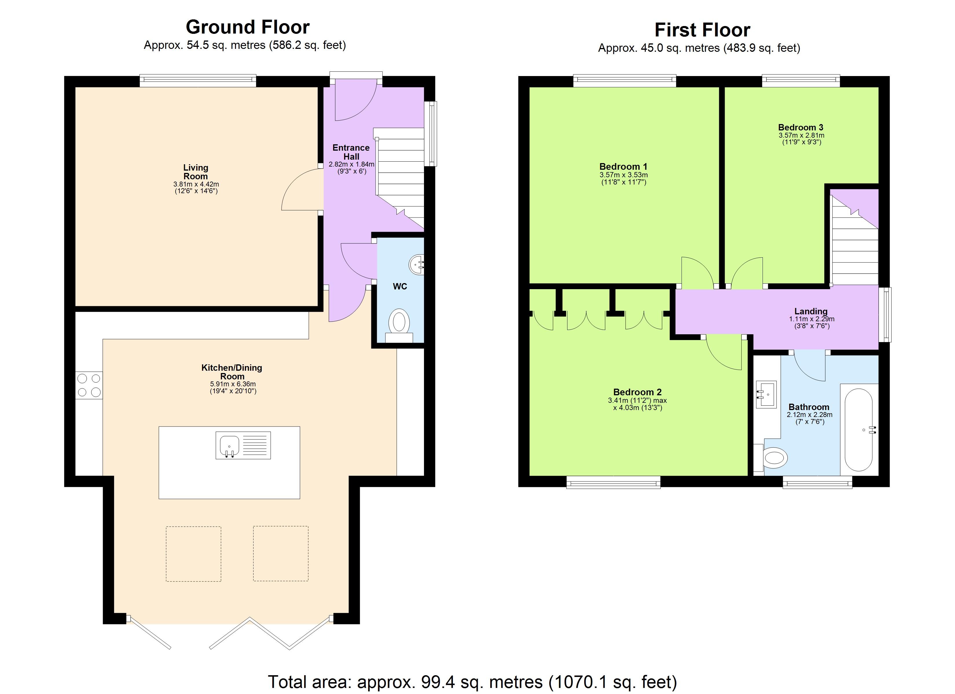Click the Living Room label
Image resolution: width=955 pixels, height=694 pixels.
(x=195, y=172)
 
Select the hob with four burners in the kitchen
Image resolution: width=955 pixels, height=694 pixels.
(x=89, y=385)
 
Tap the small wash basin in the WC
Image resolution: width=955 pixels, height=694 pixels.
(x=417, y=265)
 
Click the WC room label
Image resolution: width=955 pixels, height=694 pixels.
(x=400, y=287)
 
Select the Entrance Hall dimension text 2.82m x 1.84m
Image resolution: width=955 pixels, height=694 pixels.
(x=351, y=165)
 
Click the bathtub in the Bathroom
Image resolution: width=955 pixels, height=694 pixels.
(x=859, y=429)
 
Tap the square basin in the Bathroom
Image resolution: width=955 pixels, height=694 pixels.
(x=766, y=395)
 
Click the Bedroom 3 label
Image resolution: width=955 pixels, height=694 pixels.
(x=800, y=128)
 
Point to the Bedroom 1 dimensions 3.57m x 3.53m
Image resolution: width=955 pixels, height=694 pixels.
(x=624, y=175)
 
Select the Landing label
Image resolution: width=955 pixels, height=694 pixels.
(x=811, y=311)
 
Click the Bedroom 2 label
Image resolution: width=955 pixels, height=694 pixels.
(x=637, y=392)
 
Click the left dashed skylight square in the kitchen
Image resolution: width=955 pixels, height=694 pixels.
(x=193, y=554)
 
